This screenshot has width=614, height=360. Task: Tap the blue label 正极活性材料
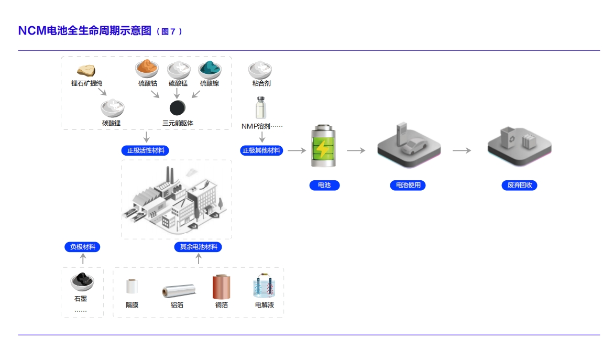145,150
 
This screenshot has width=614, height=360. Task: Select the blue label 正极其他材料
261,150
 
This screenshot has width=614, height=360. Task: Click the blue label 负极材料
83,247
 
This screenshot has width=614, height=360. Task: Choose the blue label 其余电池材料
198,247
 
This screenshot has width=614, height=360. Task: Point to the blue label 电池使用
408,185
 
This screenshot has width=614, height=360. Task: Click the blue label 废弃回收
519,185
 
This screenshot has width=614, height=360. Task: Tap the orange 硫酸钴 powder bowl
147,69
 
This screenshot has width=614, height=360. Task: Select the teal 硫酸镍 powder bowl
210,69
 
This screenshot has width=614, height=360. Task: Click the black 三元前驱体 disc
178,108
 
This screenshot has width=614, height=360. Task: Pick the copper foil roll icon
221,287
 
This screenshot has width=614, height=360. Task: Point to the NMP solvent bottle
261,107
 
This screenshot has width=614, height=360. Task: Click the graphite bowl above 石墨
83,282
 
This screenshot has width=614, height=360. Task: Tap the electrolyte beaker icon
265,287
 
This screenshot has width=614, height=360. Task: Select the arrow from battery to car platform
356,150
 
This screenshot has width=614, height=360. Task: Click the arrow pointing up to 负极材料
83,259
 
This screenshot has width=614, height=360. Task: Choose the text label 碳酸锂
111,123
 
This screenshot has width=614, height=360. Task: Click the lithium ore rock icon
86,70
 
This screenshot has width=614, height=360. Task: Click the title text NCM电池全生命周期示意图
84,30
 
